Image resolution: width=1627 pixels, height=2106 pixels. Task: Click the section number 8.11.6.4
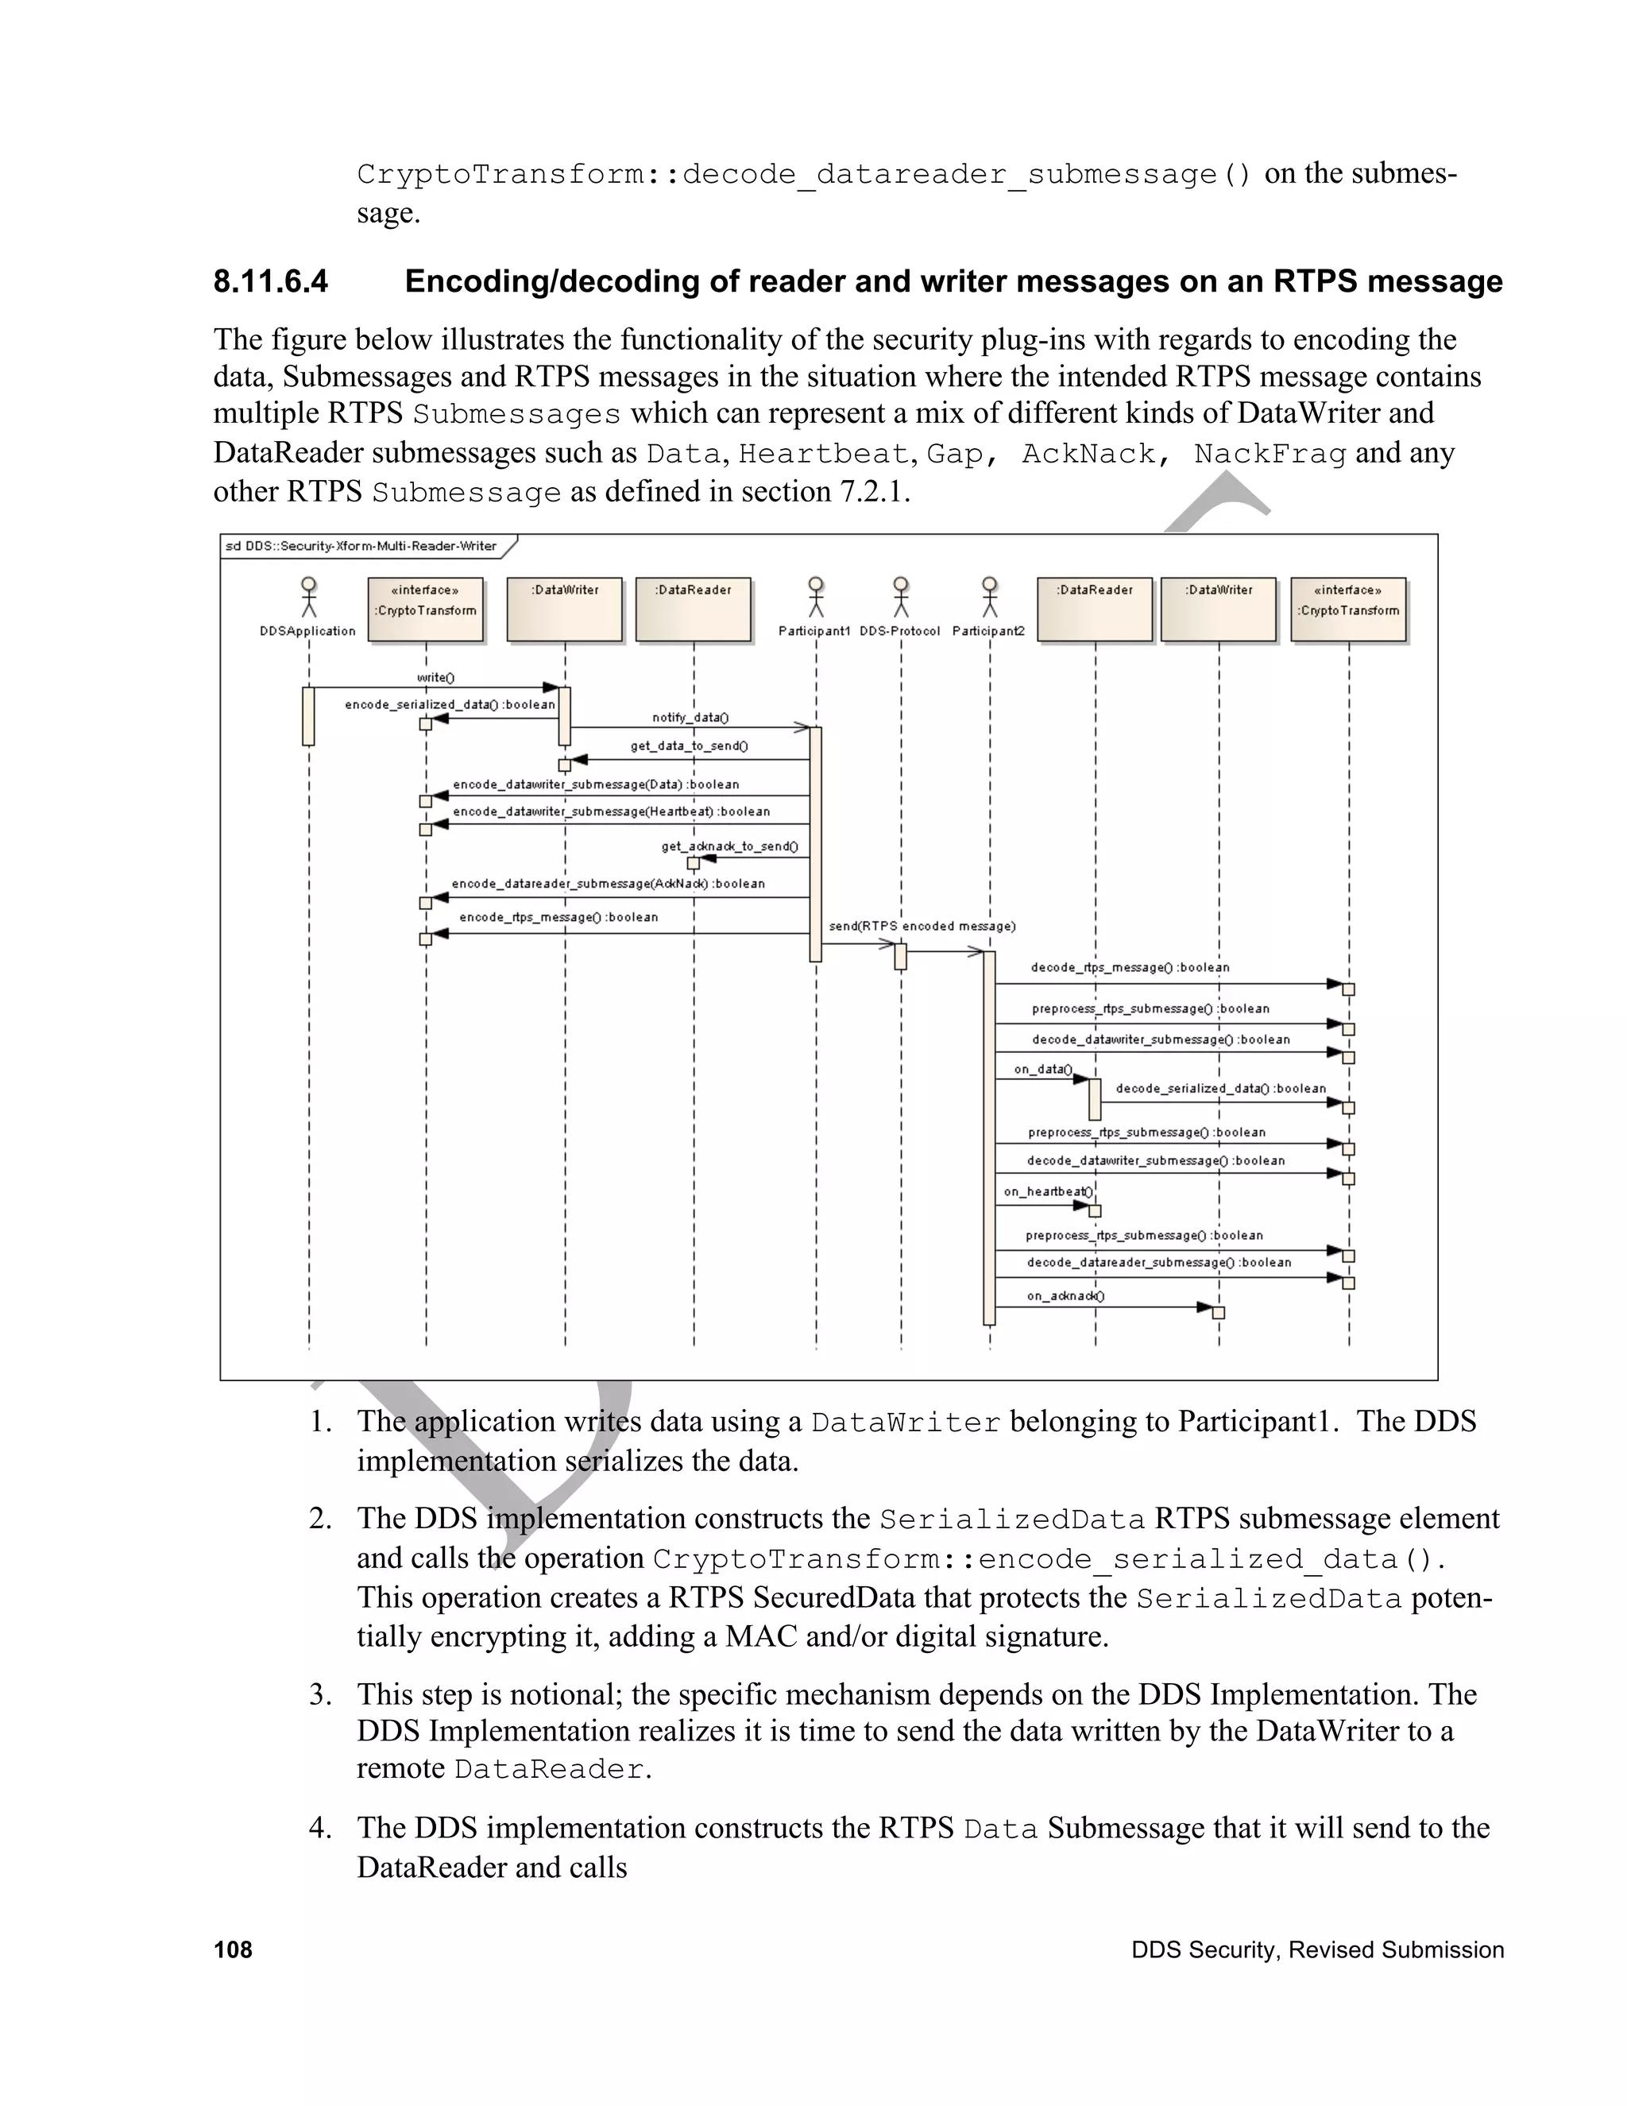coord(270,281)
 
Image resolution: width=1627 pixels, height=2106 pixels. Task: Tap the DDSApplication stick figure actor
coord(308,597)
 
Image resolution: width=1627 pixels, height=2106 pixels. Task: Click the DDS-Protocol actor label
coord(899,632)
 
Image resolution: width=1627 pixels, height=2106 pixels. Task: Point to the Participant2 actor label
coord(988,632)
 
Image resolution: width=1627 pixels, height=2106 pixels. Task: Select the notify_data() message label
coord(690,718)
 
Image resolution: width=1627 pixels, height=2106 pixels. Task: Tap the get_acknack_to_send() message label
coord(728,846)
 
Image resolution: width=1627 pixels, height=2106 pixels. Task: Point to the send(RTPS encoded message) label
coord(922,926)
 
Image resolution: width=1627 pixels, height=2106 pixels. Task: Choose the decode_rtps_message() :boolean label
coord(1130,967)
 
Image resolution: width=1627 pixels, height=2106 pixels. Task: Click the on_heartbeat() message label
coord(1049,1192)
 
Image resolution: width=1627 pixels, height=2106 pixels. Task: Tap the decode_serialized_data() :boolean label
coord(1220,1089)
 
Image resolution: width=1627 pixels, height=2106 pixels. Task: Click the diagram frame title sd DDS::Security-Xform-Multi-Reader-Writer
coord(361,547)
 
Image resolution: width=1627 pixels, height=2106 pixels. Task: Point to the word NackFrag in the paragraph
coord(1270,453)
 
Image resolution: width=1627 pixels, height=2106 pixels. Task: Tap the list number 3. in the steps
coord(321,1694)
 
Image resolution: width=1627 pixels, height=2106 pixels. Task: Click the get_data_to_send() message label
coord(689,745)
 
